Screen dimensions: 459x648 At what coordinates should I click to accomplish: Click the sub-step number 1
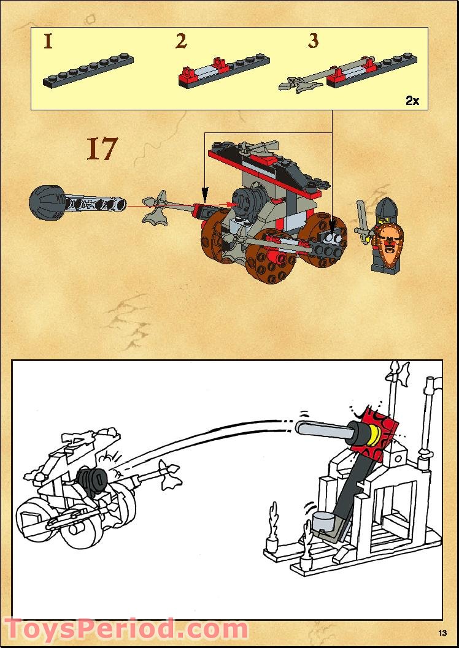(48, 42)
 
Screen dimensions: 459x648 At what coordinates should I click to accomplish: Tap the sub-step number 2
(181, 41)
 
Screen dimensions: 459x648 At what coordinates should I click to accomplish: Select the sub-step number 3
(314, 41)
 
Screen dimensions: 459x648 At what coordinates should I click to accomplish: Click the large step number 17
(102, 149)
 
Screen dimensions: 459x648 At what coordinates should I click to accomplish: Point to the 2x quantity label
(412, 101)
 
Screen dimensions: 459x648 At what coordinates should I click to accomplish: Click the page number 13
(442, 633)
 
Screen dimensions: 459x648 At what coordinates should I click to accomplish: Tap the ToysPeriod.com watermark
(126, 630)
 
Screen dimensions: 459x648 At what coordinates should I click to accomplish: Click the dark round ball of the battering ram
(46, 202)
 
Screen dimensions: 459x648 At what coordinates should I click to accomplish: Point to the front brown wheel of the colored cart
(271, 257)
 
